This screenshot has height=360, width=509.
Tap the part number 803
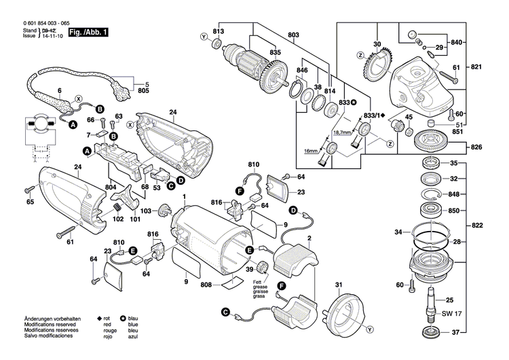tap(293, 35)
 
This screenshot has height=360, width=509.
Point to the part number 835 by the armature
tap(274, 52)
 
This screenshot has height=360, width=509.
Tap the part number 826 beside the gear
tap(476, 147)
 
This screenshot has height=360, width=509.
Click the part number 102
tap(118, 219)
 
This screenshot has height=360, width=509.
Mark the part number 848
tap(473, 193)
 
